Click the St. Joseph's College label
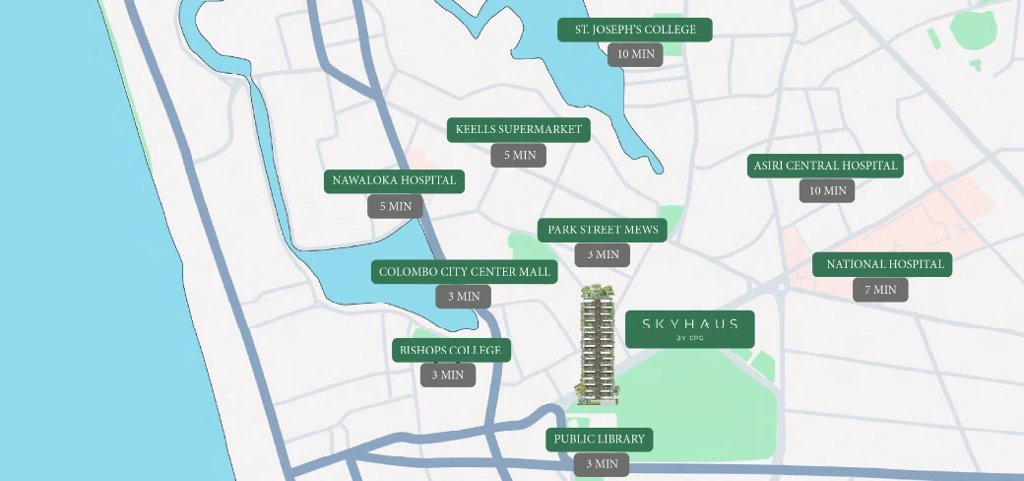coord(635,30)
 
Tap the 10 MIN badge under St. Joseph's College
coord(635,55)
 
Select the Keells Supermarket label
coord(518,130)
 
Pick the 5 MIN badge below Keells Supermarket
coord(519,156)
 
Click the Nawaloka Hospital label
coord(394,181)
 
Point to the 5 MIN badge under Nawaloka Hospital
coord(396,207)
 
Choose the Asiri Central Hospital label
coord(826,166)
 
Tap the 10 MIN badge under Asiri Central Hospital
coord(827,191)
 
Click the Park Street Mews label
coord(603,231)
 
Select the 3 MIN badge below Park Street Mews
coord(603,255)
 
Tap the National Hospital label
coord(882,264)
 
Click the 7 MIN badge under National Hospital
coord(880,290)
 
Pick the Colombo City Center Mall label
coord(465,272)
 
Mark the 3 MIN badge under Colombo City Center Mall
coord(464,297)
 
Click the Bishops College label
coord(451,350)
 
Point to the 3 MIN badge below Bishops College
coord(448,376)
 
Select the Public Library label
coord(600,439)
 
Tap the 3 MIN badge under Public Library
coord(602,464)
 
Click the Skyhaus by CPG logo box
coord(690,329)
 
